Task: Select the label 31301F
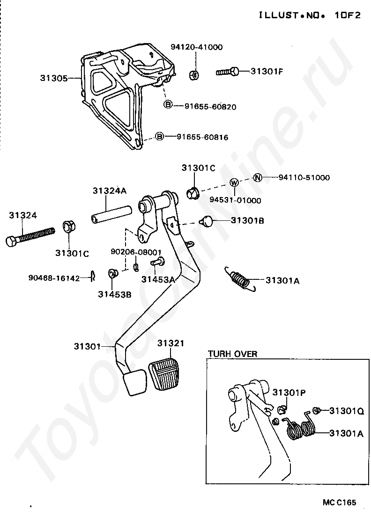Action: coord(267,71)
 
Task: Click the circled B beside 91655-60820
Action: coord(168,104)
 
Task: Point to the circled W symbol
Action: coord(234,182)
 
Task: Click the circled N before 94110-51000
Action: coord(258,177)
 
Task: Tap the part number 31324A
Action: coord(110,191)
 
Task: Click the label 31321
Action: coord(171,343)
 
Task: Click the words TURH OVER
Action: coord(232,354)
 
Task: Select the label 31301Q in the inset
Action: coord(346,411)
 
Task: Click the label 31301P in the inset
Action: coord(289,392)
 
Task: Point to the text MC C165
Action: coord(339,503)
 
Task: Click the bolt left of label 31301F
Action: coord(228,72)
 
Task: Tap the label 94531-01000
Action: coord(235,200)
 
